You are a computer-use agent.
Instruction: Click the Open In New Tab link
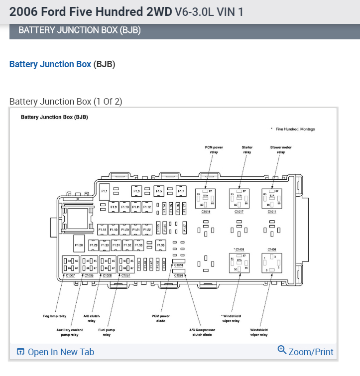point(55,352)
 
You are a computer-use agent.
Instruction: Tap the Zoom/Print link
point(305,352)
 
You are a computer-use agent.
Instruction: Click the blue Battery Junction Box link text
point(50,64)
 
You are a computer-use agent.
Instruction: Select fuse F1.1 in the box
point(105,192)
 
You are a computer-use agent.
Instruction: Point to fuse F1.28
point(79,245)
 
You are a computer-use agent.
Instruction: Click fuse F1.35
point(160,245)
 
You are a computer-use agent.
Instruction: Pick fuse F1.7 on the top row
point(181,191)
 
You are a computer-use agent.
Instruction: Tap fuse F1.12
point(147,207)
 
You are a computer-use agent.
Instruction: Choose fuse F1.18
point(103,230)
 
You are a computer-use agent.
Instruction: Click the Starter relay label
point(247,150)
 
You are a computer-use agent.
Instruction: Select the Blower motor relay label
point(281,150)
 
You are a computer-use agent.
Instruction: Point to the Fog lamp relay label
point(55,316)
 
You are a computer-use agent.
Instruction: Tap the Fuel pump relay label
point(107,332)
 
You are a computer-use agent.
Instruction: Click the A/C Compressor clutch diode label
point(201,332)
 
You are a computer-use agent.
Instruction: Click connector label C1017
point(239,212)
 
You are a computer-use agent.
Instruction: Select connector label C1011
point(272,212)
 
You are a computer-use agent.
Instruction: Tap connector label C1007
point(70,275)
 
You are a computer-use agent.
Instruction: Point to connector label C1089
point(179,275)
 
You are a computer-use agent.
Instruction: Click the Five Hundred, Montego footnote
point(295,129)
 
